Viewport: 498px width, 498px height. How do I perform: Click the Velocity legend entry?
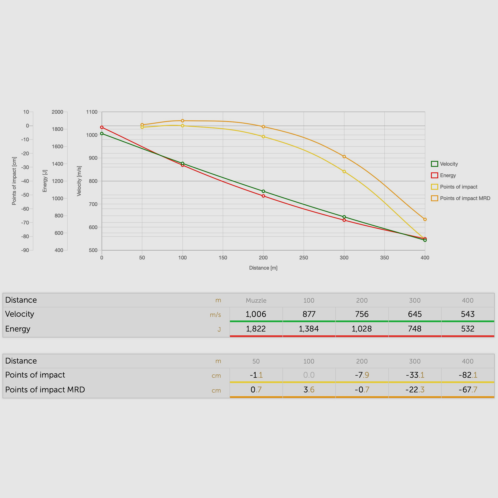pyautogui.click(x=448, y=164)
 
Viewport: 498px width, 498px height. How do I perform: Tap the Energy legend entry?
pyautogui.click(x=448, y=175)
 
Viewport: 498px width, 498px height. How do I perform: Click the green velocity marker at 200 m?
pyautogui.click(x=263, y=191)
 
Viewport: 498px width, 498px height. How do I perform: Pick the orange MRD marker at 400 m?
pyautogui.click(x=425, y=219)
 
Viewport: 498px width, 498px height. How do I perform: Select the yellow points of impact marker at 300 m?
pyautogui.click(x=344, y=171)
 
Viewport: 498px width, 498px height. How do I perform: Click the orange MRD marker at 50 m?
pyautogui.click(x=142, y=125)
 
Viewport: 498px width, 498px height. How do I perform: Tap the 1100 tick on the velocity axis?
pyautogui.click(x=92, y=112)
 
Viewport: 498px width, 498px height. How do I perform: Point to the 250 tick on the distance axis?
pyautogui.click(x=304, y=258)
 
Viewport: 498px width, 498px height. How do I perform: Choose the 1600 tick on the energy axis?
pyautogui.click(x=57, y=147)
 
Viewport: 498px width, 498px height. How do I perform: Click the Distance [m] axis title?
pyautogui.click(x=263, y=268)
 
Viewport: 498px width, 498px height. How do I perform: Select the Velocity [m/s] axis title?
pyautogui.click(x=79, y=181)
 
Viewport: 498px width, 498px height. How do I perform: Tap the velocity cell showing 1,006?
pyautogui.click(x=256, y=314)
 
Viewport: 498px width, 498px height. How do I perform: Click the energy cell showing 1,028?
pyautogui.click(x=362, y=329)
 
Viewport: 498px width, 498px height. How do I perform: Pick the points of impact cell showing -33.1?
pyautogui.click(x=415, y=375)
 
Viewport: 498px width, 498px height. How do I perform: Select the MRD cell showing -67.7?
pyautogui.click(x=468, y=390)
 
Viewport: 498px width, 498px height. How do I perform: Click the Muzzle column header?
pyautogui.click(x=256, y=300)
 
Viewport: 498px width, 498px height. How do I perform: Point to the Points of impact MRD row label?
pyautogui.click(x=45, y=390)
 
